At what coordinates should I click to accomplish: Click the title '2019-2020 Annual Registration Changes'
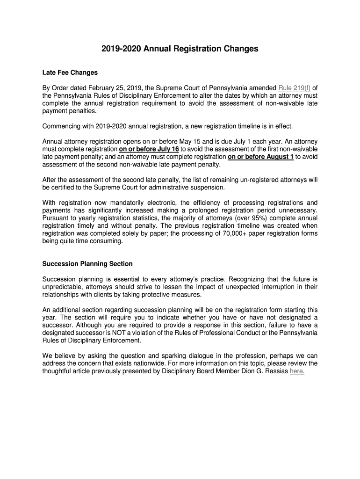(x=180, y=49)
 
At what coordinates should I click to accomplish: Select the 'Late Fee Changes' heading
(x=70, y=73)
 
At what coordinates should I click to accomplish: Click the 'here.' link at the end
(x=297, y=371)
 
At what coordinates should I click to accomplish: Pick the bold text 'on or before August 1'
(x=260, y=157)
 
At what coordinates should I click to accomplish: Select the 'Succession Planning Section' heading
(x=87, y=264)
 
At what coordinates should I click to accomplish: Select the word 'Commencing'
(x=60, y=126)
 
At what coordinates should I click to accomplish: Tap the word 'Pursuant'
(x=56, y=218)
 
